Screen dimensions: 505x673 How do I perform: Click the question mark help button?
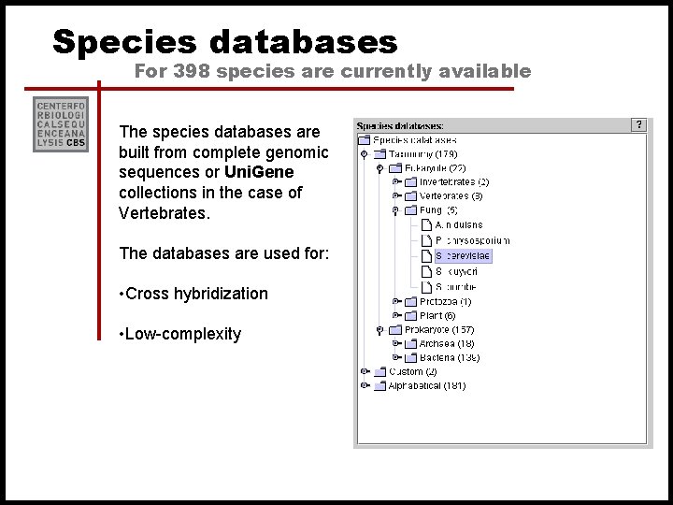click(638, 124)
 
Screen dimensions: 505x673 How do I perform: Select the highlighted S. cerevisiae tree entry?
click(463, 255)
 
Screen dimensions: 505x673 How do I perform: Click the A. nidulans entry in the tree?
click(459, 225)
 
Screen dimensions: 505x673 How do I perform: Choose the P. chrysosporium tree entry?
click(472, 240)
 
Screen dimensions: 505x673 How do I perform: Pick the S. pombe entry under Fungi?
click(456, 286)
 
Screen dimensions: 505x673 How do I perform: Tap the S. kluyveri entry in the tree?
click(457, 271)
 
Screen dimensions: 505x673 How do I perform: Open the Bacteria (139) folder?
click(449, 357)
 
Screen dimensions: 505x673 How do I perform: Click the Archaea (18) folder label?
click(447, 343)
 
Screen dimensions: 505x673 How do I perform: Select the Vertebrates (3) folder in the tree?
click(451, 196)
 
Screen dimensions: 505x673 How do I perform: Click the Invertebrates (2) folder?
click(453, 181)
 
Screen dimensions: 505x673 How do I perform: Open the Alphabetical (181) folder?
click(426, 385)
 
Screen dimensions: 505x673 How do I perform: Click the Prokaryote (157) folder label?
click(438, 329)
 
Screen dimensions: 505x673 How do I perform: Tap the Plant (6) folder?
click(437, 316)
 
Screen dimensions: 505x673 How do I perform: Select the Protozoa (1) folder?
click(445, 302)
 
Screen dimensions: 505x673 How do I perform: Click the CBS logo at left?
click(61, 123)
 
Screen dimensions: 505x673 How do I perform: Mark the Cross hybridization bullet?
click(194, 294)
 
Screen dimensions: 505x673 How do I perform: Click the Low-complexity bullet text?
click(180, 334)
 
